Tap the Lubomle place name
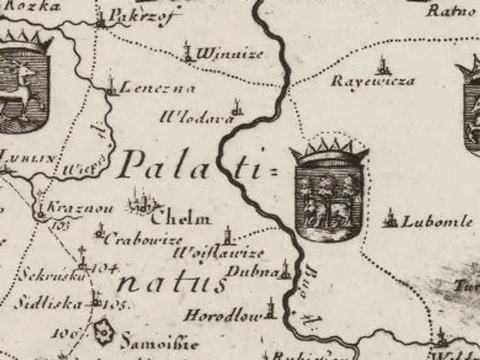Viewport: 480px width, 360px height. pos(437,222)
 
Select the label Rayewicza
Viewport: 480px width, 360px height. pos(373,80)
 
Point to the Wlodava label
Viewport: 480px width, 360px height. pos(191,116)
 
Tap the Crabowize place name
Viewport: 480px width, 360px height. pos(142,240)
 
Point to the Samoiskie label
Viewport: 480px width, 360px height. pos(160,343)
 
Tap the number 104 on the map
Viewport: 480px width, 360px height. pos(107,268)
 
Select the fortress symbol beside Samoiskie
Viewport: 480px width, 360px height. pos(103,329)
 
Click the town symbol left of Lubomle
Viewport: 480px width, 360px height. pos(389,220)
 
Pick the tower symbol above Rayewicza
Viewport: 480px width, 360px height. pos(382,64)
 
